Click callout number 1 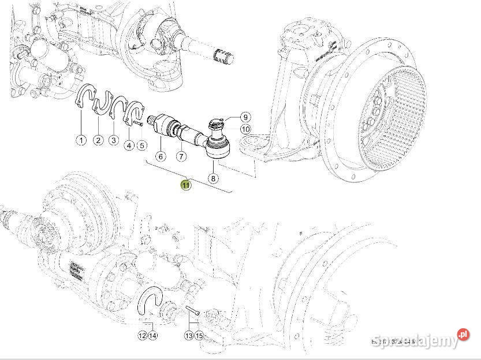pos(81,140)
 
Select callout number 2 pos(98,140)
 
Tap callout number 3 pos(113,140)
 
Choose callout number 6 pos(161,156)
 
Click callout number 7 pos(181,156)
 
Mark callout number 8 pos(213,178)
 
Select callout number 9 pos(245,117)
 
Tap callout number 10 pos(245,129)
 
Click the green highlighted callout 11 pos(185,185)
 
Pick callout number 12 pos(142,335)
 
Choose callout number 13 pos(189,335)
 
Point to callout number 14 pos(152,335)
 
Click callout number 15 pos(199,335)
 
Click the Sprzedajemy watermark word pos(413,340)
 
